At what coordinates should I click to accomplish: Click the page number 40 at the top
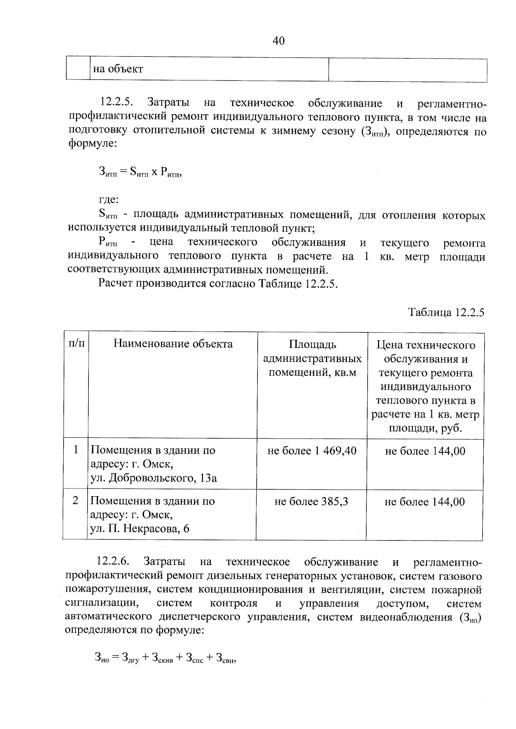pos(278,41)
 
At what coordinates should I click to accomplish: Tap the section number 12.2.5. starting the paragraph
pos(117,103)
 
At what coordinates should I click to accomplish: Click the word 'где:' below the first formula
pos(108,200)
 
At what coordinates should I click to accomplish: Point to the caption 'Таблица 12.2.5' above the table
pos(446,312)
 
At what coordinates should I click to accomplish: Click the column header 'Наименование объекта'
pos(173,344)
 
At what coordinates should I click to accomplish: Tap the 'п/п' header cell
pos(76,343)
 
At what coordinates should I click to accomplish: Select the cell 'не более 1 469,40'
pos(312,451)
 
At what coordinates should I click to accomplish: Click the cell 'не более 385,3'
pos(311,501)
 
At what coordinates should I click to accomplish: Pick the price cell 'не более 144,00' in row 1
pos(425,451)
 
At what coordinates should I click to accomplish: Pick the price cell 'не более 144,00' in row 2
pos(424,501)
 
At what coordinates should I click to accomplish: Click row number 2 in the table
pos(75,500)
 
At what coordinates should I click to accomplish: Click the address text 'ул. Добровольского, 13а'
pos(154,478)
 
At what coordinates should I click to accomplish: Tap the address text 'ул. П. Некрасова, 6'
pos(140,528)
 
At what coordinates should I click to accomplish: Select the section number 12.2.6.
pos(114,562)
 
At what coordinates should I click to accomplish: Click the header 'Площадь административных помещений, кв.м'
pos(312,358)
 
